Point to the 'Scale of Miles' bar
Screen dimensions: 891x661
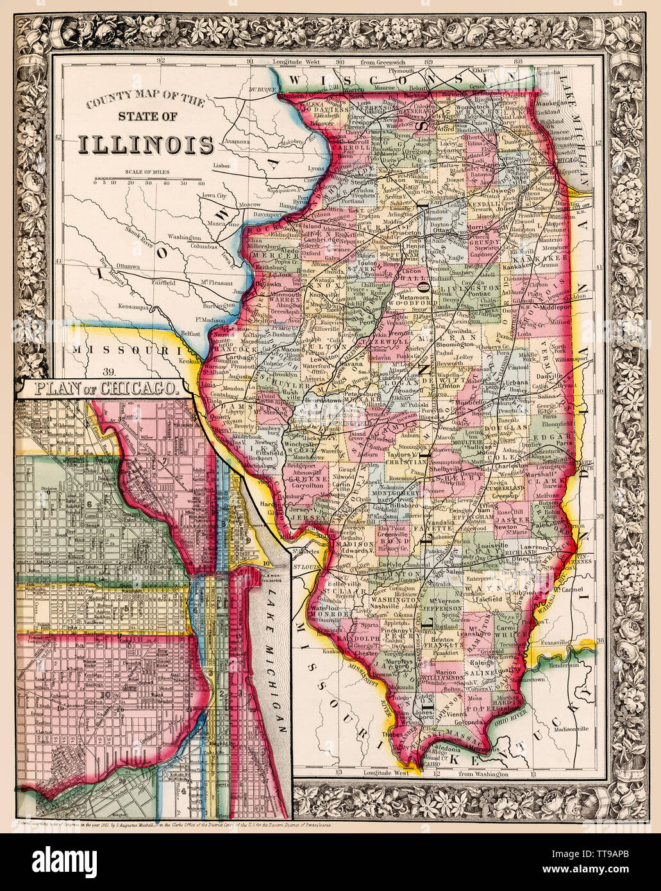click(x=146, y=177)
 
